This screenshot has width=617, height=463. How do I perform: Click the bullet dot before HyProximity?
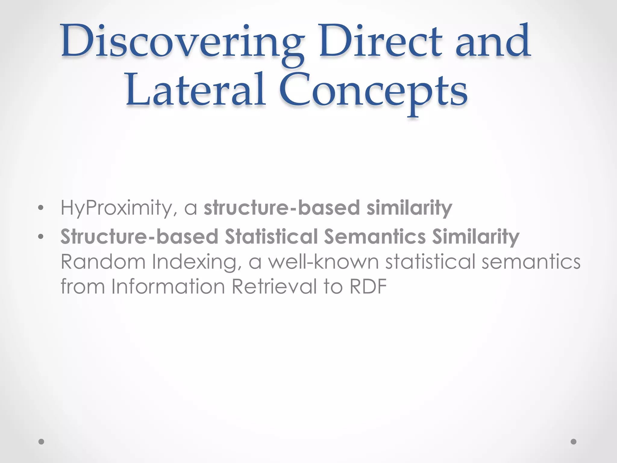pos(41,208)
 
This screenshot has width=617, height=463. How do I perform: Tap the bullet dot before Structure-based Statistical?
pos(41,237)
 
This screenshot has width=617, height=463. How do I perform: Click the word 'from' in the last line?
pos(83,286)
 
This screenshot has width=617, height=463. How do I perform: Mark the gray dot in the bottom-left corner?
pos(42,442)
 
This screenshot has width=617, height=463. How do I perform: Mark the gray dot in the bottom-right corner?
pos(574,442)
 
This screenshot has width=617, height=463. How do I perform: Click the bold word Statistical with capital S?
pos(271,237)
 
